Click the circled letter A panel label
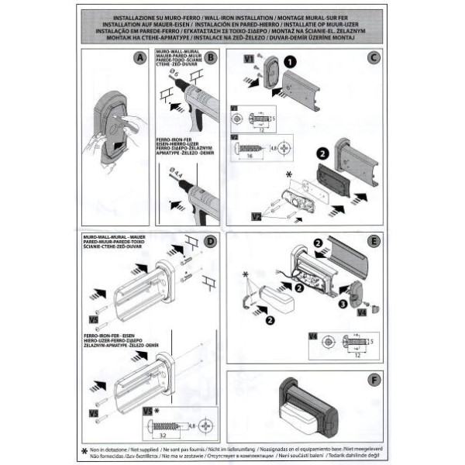[139, 57]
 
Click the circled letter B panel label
[211, 57]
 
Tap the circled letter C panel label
[373, 57]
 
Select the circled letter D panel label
[211, 241]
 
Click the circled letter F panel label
[373, 381]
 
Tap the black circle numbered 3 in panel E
[343, 305]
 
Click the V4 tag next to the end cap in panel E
[359, 313]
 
